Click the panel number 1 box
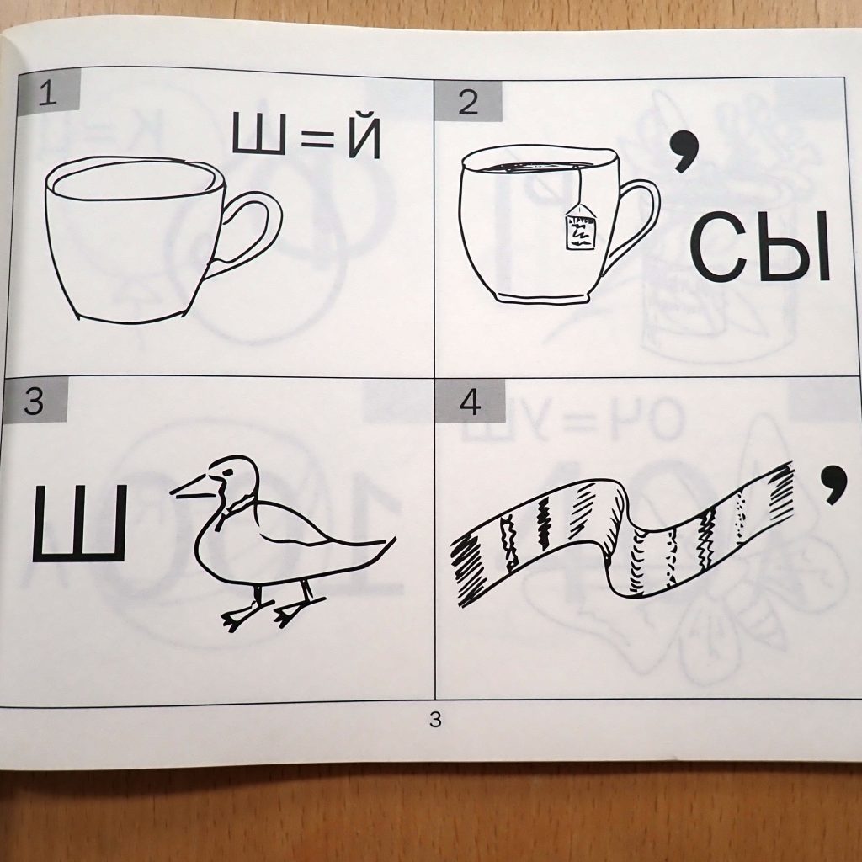click(x=48, y=93)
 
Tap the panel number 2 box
click(x=468, y=101)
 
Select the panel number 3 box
click(x=34, y=400)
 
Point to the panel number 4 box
click(x=470, y=402)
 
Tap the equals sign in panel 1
click(x=317, y=137)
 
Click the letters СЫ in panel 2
click(x=760, y=247)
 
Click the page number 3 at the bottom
click(x=435, y=719)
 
